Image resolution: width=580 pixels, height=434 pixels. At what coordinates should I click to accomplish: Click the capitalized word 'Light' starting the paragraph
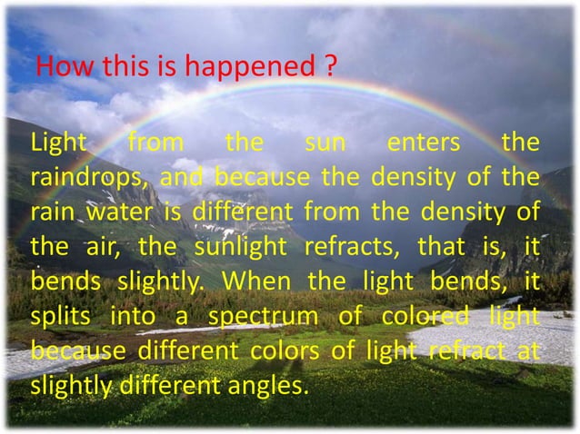click(57, 143)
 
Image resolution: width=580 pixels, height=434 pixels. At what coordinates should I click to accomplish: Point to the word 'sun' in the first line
click(325, 143)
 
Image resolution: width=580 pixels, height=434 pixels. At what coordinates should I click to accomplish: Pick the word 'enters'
click(423, 143)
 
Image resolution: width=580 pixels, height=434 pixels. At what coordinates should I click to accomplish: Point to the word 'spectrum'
click(261, 316)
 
